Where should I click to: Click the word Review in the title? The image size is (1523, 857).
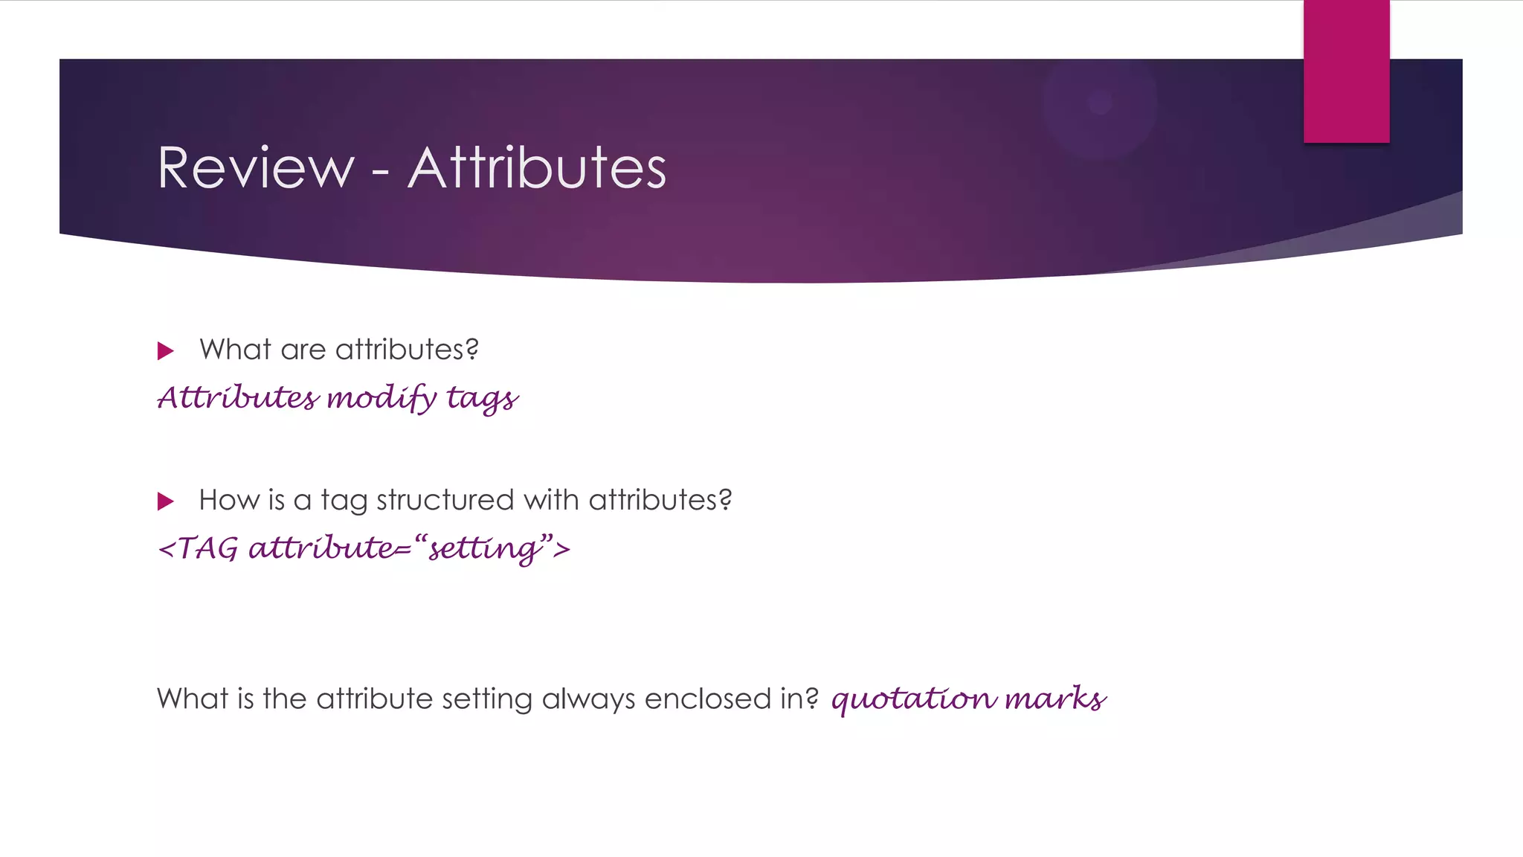256,168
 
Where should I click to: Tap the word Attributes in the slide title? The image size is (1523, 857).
537,168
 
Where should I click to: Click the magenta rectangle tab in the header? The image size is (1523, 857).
1346,71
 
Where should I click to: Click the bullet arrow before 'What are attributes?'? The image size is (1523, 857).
166,351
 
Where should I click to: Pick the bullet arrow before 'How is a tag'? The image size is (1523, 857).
166,501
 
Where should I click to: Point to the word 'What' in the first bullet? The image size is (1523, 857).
235,350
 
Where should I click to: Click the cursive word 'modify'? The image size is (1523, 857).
381,398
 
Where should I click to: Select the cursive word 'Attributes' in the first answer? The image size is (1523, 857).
238,397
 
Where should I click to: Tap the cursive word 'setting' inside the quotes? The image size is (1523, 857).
483,549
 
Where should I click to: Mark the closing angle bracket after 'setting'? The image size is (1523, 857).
563,549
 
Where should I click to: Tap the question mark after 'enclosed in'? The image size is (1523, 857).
811,698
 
